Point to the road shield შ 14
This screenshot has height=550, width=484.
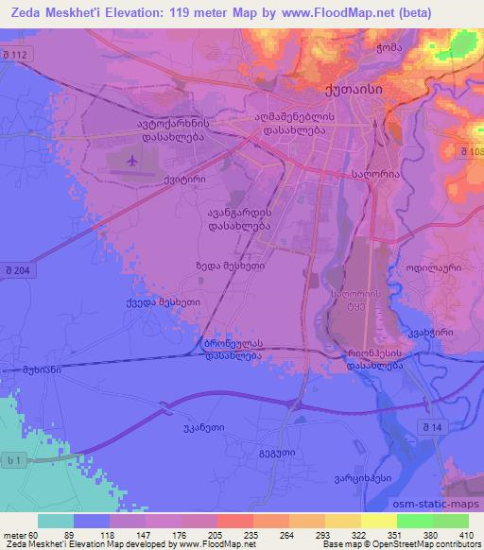point(439,428)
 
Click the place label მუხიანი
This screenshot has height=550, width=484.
point(42,370)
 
